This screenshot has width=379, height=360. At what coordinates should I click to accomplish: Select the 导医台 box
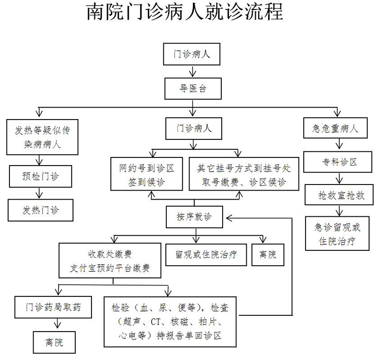(x=193, y=89)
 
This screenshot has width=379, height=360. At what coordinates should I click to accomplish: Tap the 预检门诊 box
(x=40, y=176)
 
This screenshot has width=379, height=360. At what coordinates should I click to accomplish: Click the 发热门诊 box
(x=40, y=210)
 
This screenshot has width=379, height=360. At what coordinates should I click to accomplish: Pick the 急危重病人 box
(x=335, y=128)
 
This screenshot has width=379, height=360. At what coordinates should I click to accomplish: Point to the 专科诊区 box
(x=337, y=162)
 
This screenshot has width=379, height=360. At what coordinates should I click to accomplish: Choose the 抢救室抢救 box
(x=339, y=195)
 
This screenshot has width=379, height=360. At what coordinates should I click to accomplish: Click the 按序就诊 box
(x=194, y=217)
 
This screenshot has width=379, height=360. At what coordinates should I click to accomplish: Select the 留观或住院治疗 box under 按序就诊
(x=206, y=255)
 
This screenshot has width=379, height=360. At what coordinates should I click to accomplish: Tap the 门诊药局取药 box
(x=53, y=307)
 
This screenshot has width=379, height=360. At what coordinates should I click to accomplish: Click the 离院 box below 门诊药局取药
(x=54, y=342)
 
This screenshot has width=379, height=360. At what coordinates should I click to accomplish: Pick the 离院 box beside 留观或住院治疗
(x=268, y=255)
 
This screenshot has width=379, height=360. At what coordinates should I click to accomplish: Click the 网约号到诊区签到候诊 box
(x=146, y=174)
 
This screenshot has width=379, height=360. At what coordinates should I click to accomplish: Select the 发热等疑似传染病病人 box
(x=42, y=137)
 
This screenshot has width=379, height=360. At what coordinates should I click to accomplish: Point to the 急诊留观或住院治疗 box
(x=337, y=233)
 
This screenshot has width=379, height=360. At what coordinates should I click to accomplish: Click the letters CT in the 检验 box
(x=155, y=322)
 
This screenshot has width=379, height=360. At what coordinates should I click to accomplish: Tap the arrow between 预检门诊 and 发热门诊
(x=39, y=193)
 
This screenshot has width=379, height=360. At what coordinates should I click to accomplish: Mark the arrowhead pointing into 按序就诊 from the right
(x=229, y=218)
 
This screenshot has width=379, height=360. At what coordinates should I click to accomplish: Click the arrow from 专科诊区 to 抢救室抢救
(x=339, y=178)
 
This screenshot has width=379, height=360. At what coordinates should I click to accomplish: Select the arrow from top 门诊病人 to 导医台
(x=193, y=71)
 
